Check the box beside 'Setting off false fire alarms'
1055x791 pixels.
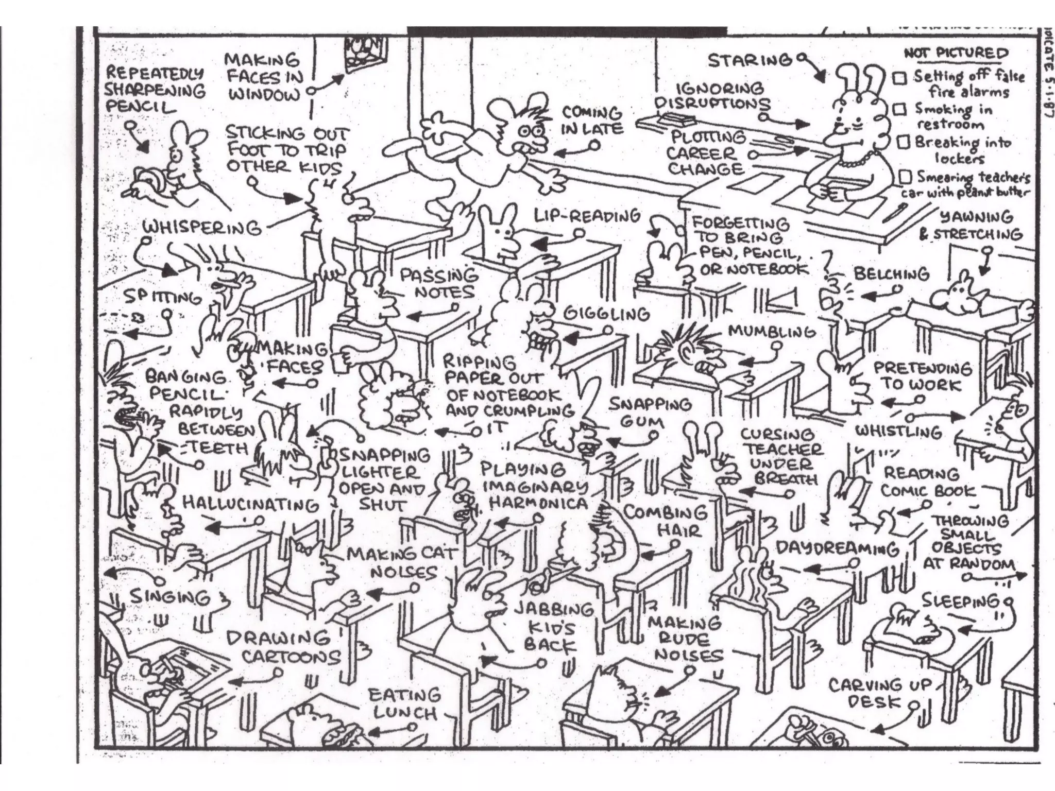(900, 78)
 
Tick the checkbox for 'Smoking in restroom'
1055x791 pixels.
(900, 109)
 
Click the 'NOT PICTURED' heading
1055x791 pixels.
(956, 54)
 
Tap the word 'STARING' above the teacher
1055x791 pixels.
(750, 61)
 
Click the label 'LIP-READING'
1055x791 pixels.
(587, 216)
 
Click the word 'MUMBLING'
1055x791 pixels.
(772, 332)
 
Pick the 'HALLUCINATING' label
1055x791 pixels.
(251, 504)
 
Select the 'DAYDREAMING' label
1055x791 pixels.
(837, 548)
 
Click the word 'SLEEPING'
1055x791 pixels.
(960, 600)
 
